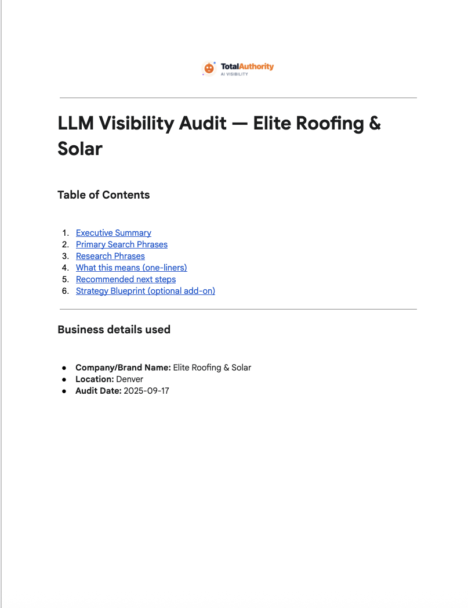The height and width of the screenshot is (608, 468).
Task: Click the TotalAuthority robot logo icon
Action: (209, 69)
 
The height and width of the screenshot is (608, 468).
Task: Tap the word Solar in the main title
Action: (80, 149)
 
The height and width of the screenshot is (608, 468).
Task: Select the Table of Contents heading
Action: (104, 195)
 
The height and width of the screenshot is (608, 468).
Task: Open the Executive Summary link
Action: (114, 233)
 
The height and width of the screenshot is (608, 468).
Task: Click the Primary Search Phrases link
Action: (122, 244)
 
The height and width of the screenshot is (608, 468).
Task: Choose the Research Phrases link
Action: (110, 256)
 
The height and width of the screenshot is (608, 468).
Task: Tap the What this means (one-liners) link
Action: (132, 268)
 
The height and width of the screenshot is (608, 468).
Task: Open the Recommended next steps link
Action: (126, 279)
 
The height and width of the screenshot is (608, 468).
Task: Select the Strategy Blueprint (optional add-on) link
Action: (146, 291)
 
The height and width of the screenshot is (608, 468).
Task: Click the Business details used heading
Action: (114, 330)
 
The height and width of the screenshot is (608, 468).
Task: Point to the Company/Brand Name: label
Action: (123, 368)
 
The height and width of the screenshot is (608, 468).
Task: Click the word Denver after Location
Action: (130, 379)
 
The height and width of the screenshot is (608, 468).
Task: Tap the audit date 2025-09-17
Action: (147, 391)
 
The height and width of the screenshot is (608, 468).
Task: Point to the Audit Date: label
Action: (99, 391)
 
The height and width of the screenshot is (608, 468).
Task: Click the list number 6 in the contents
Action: (65, 291)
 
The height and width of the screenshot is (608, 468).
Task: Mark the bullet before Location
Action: (64, 379)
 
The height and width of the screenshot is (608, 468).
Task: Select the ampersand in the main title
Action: (374, 124)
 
